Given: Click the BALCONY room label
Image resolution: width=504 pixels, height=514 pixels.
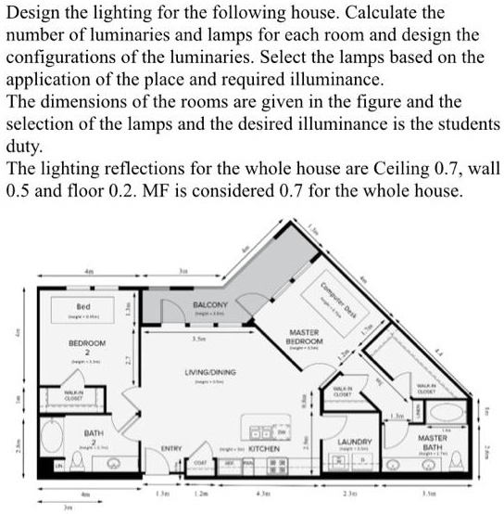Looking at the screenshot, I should (210, 304).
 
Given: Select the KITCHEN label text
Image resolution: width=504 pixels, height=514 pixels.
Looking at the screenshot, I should (265, 446).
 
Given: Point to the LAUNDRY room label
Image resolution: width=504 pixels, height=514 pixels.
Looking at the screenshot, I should (354, 442).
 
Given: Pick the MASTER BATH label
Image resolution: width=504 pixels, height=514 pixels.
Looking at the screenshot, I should (433, 441).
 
